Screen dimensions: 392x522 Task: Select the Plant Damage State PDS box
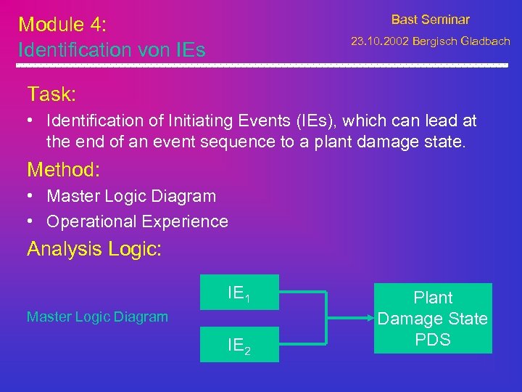433,318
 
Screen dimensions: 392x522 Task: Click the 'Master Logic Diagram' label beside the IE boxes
97,317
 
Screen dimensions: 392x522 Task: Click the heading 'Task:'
51,94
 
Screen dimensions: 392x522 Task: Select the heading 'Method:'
64,170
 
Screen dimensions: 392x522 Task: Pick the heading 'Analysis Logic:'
94,249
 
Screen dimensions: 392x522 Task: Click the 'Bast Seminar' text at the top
430,20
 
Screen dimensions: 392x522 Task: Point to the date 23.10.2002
379,41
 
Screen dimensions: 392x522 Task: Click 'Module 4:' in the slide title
62,24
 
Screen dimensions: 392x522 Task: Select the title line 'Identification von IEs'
112,50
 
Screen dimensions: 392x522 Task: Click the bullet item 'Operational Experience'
137,221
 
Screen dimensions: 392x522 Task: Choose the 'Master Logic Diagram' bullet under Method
131,196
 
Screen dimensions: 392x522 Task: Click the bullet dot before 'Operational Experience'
33,221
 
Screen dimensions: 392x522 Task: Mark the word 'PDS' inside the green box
433,340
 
